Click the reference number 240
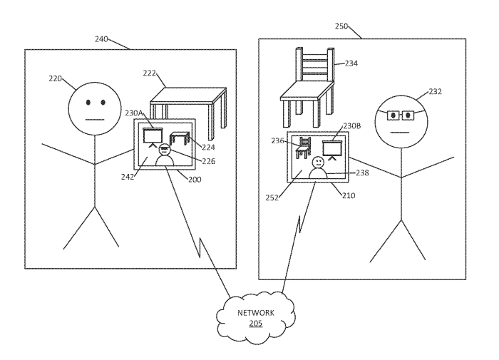[101, 39]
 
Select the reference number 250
[341, 26]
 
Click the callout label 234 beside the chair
[351, 63]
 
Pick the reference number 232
[436, 92]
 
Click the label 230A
[135, 113]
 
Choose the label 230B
[352, 126]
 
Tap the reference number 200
[194, 180]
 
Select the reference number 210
[349, 195]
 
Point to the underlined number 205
[255, 323]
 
